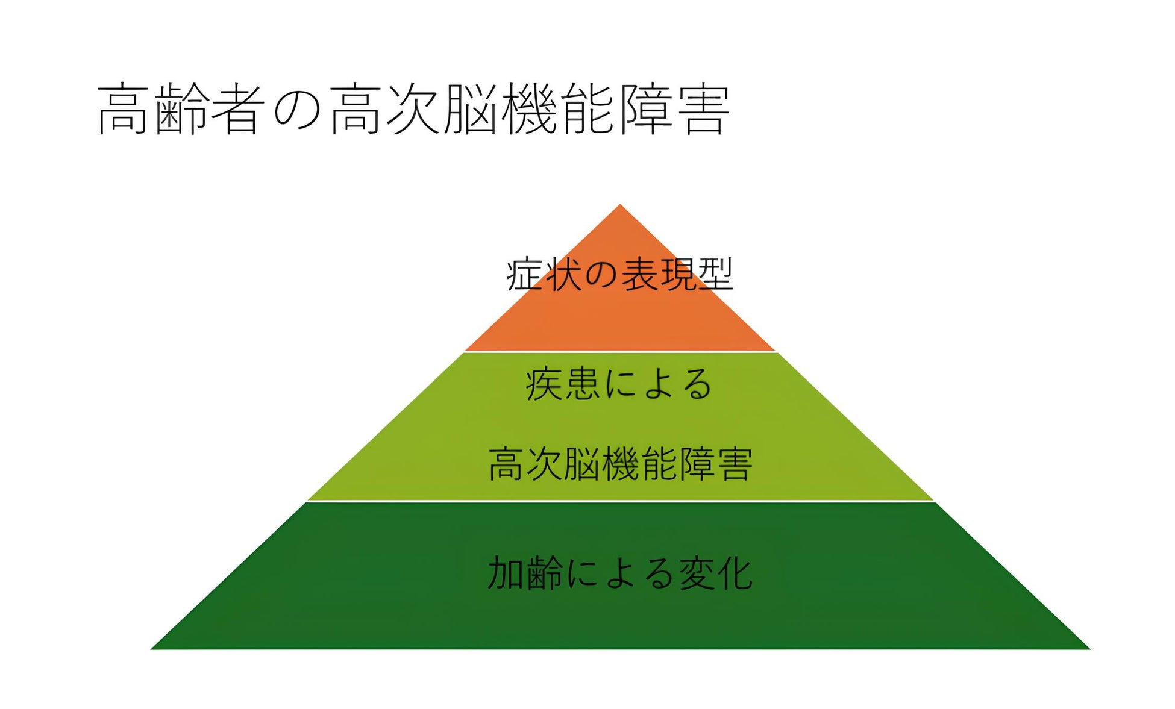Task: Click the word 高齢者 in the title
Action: click(x=180, y=109)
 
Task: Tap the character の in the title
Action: click(x=296, y=110)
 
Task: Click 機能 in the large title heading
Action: click(x=559, y=109)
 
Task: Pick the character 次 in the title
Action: click(x=413, y=109)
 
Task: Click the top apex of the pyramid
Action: click(x=619, y=206)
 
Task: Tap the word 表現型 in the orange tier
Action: click(x=677, y=274)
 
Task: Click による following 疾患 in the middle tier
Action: click(x=658, y=384)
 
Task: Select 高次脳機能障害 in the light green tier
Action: click(x=620, y=464)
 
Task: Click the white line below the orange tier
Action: click(x=620, y=352)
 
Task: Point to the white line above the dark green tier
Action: click(x=620, y=501)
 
